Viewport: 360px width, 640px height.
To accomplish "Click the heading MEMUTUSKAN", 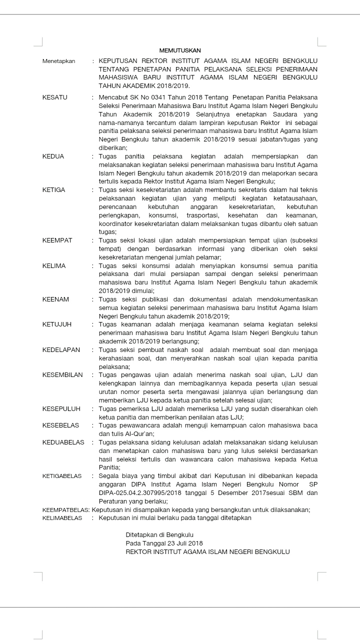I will tap(179, 50).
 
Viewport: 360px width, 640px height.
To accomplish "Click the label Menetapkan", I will tap(58, 61).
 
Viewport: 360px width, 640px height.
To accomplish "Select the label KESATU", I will tap(54, 97).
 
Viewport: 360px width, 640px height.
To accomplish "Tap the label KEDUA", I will tap(53, 156).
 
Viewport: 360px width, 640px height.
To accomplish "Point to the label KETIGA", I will tap(53, 190).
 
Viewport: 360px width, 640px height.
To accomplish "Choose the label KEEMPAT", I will tap(57, 240).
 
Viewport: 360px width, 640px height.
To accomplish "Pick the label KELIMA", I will tap(54, 265).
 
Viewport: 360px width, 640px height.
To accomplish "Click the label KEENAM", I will tap(55, 299).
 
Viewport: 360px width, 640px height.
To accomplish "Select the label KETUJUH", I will tap(57, 324).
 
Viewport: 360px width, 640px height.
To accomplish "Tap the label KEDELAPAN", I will tap(61, 350).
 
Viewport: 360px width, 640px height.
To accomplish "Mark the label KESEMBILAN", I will tap(62, 375).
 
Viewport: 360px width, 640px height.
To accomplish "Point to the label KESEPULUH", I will tap(61, 408).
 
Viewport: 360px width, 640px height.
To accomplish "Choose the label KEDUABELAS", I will tap(63, 442).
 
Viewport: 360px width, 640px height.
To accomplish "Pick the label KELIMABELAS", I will tap(62, 518).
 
